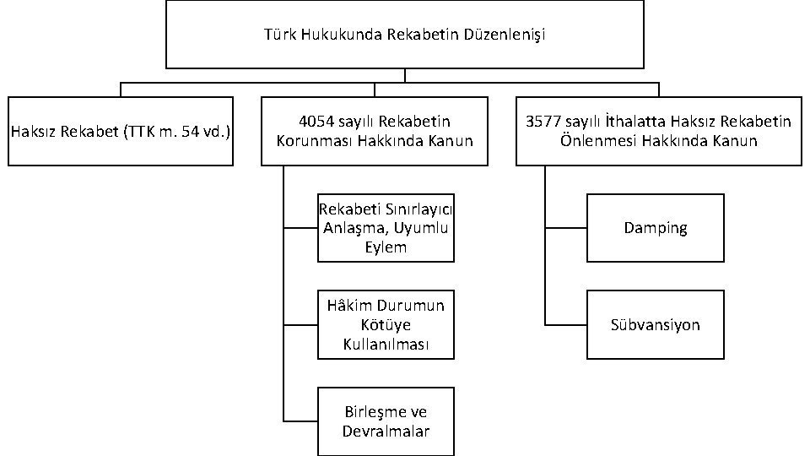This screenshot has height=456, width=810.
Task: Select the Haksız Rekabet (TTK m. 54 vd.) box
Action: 121,131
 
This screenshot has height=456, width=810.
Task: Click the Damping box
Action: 656,228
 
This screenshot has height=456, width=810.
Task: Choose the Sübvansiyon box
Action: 656,325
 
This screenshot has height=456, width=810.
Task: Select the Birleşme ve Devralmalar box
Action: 386,421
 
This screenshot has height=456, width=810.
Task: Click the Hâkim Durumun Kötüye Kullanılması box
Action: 386,325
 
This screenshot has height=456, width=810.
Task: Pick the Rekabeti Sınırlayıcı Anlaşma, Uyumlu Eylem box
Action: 386,228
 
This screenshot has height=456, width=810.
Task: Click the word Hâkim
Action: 347,306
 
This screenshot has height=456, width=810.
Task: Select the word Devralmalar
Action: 386,432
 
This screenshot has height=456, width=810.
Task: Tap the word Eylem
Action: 386,247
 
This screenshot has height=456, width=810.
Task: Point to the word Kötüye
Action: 386,325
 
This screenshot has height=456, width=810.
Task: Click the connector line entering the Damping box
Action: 566,228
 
